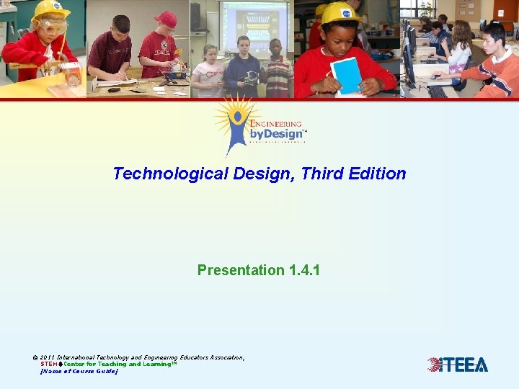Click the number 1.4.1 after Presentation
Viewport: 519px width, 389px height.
pyautogui.click(x=304, y=270)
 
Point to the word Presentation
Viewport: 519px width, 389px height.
pyautogui.click(x=241, y=270)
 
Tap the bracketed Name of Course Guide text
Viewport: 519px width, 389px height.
pyautogui.click(x=79, y=371)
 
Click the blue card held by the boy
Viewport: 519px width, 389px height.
pyautogui.click(x=347, y=75)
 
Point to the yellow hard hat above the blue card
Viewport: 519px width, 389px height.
pyautogui.click(x=341, y=12)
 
